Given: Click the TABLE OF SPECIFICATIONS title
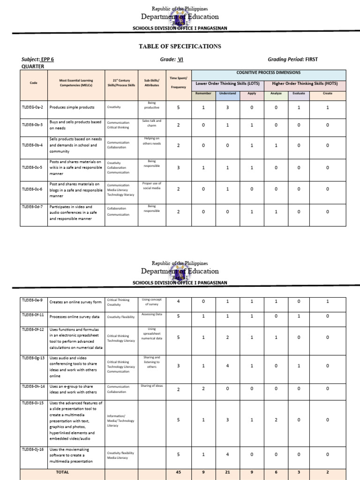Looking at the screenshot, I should (180, 46).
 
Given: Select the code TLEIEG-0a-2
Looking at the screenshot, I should (32, 107).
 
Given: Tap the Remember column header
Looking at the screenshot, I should (203, 93).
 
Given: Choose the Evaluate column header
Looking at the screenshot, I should (299, 93).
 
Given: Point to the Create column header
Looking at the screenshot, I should (328, 93).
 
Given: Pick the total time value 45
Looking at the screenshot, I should (178, 472).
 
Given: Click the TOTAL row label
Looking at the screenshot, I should (62, 472).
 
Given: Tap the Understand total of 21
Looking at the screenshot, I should (227, 472).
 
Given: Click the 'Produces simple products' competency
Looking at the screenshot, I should (72, 107).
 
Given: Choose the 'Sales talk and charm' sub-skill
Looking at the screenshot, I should (151, 123).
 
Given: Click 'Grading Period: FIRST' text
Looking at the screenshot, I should (292, 60).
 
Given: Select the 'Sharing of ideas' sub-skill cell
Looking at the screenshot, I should (151, 386).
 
